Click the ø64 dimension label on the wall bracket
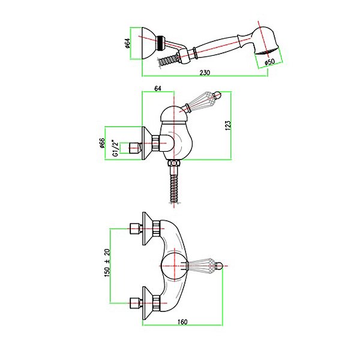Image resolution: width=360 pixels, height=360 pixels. tap(128, 43)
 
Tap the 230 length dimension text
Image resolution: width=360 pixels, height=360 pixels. tap(205, 73)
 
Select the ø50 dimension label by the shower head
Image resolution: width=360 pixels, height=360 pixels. tap(269, 62)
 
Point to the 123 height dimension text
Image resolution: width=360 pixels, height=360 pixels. tap(228, 125)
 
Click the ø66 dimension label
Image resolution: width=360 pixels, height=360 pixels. tap(103, 143)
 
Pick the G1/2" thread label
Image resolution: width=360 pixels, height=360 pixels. tap(116, 148)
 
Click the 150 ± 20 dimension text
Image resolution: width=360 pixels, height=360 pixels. tap(107, 263)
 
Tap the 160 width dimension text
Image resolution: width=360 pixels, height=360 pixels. tap(182, 322)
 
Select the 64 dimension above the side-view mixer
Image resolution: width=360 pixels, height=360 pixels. tap(158, 88)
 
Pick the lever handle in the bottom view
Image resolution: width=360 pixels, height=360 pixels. tap(205, 266)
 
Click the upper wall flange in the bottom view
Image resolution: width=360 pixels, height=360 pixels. tap(147, 229)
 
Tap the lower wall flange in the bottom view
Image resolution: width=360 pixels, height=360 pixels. tap(147, 303)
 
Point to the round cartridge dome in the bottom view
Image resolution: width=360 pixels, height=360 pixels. tap(175, 266)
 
